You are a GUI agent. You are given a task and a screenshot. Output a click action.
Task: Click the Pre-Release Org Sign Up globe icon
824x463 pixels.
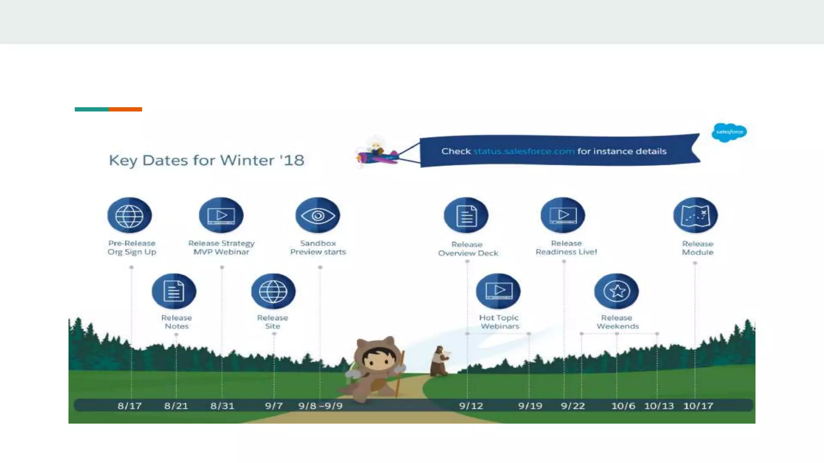point(129,215)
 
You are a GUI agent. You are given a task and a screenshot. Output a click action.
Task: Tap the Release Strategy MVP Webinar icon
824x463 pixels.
point(221,215)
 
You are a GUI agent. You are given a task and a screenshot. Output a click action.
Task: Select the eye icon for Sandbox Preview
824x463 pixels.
point(317,215)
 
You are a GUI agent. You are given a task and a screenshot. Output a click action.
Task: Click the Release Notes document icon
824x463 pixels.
point(174,291)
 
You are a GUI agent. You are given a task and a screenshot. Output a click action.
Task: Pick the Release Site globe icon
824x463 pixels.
point(273,291)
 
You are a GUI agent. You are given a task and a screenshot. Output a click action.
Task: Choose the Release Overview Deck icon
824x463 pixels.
point(466,215)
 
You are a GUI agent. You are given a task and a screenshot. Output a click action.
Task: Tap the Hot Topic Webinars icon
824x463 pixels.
point(498,291)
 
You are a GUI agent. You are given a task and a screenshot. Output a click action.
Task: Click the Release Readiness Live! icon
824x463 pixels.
point(562,215)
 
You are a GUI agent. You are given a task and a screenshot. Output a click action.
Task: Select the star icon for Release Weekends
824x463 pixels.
point(616,291)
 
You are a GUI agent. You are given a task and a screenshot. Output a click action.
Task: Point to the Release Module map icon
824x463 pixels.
point(695,215)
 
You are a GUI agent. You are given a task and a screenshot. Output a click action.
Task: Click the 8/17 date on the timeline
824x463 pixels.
point(130,406)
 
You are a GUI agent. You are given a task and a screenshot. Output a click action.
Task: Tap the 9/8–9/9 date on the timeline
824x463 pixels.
point(320,406)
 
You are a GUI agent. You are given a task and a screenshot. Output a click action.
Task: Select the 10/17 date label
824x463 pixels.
point(698,406)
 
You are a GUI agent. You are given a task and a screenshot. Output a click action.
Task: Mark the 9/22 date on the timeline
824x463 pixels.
point(573,406)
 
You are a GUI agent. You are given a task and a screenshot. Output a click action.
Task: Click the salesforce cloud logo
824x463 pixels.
point(729,132)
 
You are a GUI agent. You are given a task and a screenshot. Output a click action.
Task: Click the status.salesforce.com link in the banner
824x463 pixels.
point(523,152)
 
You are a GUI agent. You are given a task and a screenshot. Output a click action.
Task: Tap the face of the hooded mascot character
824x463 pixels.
point(378,359)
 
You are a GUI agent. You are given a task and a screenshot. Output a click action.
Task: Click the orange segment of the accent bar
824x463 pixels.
point(125,109)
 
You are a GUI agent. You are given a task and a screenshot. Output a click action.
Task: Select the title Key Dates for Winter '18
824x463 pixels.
point(206,160)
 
